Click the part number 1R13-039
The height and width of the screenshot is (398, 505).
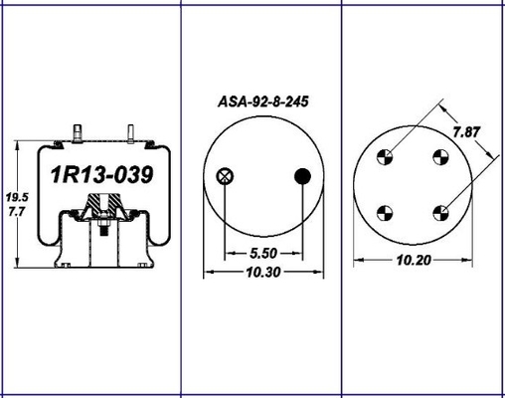pos(101,175)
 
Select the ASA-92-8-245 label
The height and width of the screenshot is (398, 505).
pos(263,101)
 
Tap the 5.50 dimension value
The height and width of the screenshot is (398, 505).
pos(263,254)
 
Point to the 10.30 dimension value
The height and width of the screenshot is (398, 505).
pos(263,273)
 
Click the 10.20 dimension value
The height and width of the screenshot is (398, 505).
pos(414,261)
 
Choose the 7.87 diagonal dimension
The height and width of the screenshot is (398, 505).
pos(466,132)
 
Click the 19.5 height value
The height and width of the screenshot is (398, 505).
pos(17,197)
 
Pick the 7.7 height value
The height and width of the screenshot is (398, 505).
pos(17,212)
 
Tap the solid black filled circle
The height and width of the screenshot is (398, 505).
pos(302,176)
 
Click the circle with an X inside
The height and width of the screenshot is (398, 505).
pos(225,176)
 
